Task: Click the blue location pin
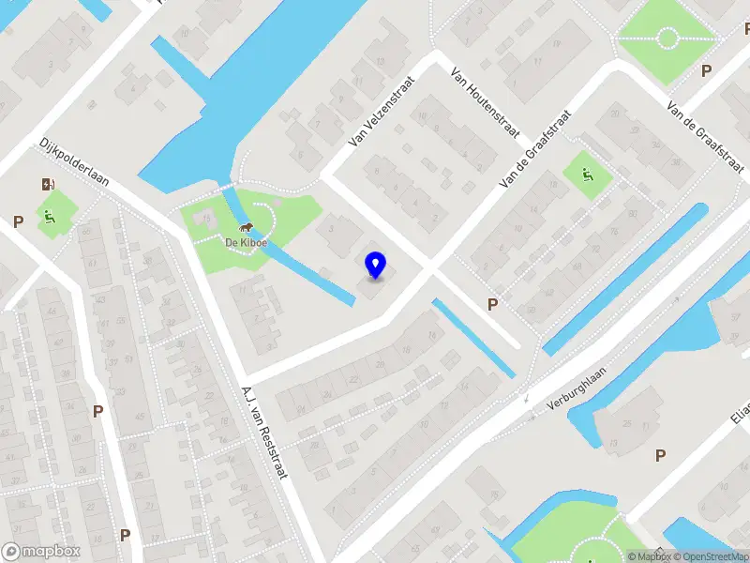[375, 265]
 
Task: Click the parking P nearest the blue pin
[492, 303]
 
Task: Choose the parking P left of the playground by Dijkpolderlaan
[18, 221]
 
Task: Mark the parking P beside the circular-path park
[706, 70]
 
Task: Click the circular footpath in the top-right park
[667, 38]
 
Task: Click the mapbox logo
[41, 552]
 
